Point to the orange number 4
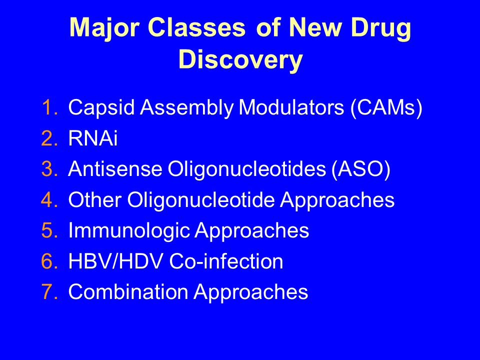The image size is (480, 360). [x=49, y=199]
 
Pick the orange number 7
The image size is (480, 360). [x=49, y=291]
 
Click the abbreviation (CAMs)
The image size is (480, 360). [x=386, y=108]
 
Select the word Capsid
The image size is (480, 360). [x=101, y=108]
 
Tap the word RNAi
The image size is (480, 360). [x=93, y=138]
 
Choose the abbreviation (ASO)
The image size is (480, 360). [x=361, y=169]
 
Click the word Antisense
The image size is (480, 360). [x=115, y=169]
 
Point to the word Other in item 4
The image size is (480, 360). [x=94, y=199]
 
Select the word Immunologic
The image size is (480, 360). [x=129, y=231]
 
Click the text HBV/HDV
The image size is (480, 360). [x=115, y=261]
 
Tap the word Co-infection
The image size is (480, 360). [x=226, y=261]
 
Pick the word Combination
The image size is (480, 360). [x=128, y=291]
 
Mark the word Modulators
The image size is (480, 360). [x=291, y=107]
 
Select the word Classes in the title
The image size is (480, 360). [x=196, y=27]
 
